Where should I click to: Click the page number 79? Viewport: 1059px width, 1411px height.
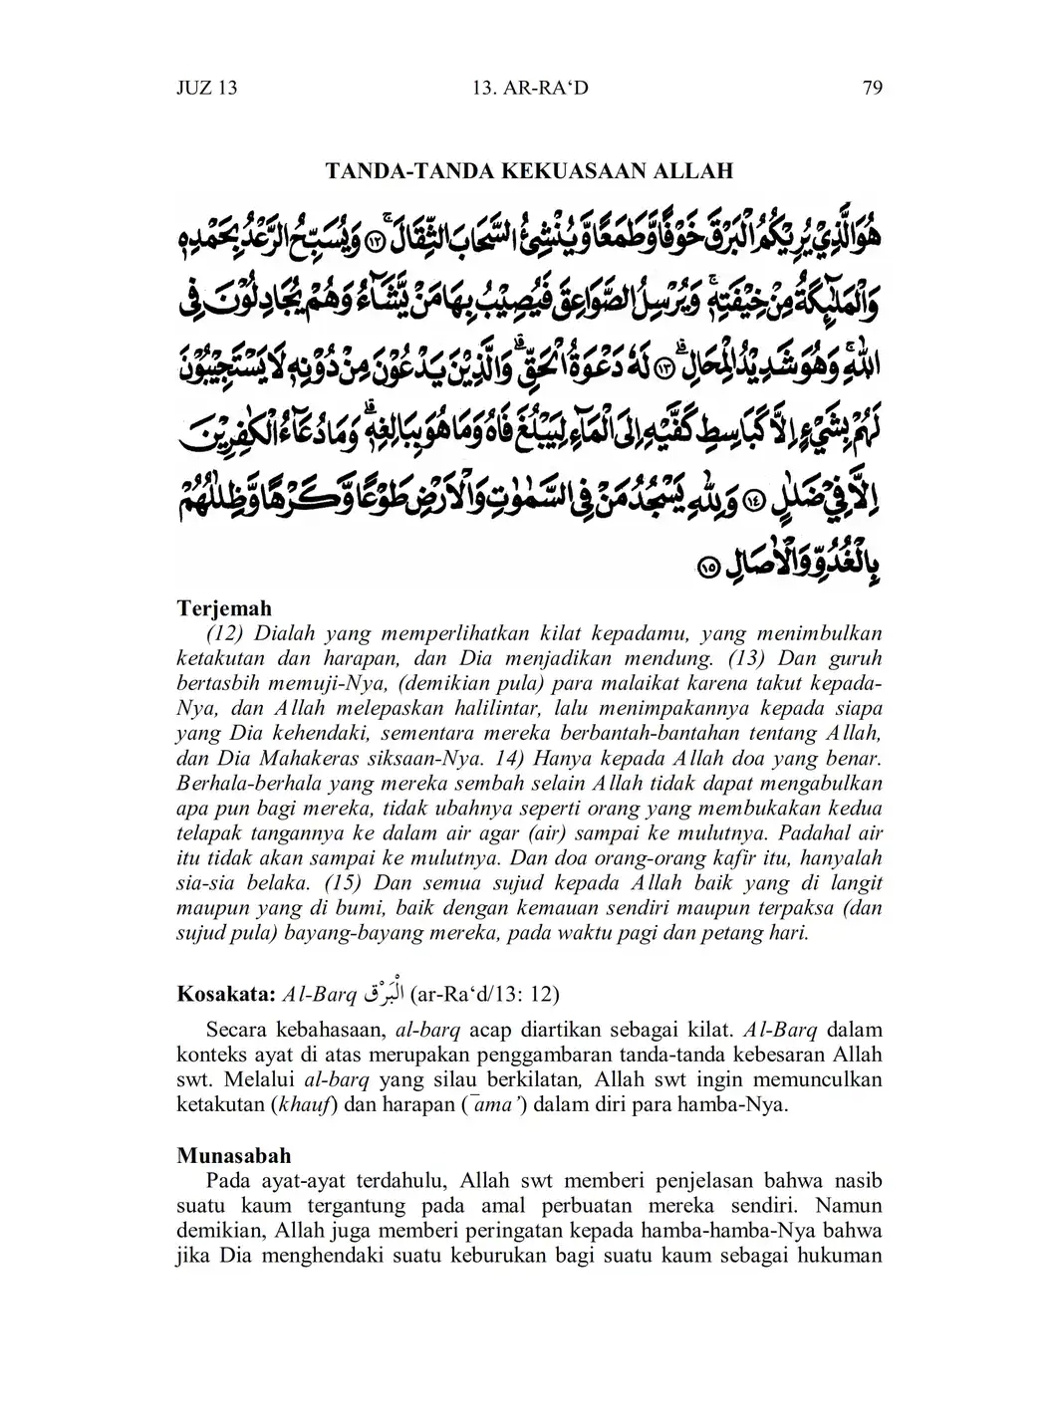872,89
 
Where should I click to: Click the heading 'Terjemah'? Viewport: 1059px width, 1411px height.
224,607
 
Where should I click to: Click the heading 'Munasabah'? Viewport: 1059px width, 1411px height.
234,1156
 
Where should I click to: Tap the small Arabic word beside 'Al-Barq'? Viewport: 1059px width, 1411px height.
374,992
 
